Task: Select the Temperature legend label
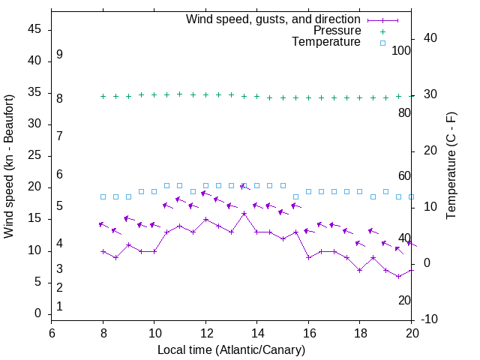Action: coord(326,42)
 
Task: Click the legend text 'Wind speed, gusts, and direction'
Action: coord(274,19)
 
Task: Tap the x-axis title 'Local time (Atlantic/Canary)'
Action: coord(231,350)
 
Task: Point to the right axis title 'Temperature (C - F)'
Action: coord(451,166)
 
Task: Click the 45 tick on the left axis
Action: coord(34,31)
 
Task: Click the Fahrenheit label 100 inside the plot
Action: coord(401,50)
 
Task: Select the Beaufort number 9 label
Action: coord(59,55)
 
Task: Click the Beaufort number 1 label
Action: coord(59,306)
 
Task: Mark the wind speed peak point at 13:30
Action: coord(244,213)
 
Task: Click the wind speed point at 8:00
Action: coord(103,251)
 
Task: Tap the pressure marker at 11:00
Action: coord(179,94)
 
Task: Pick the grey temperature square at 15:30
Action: coord(295,196)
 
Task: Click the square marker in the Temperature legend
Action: coord(382,43)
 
